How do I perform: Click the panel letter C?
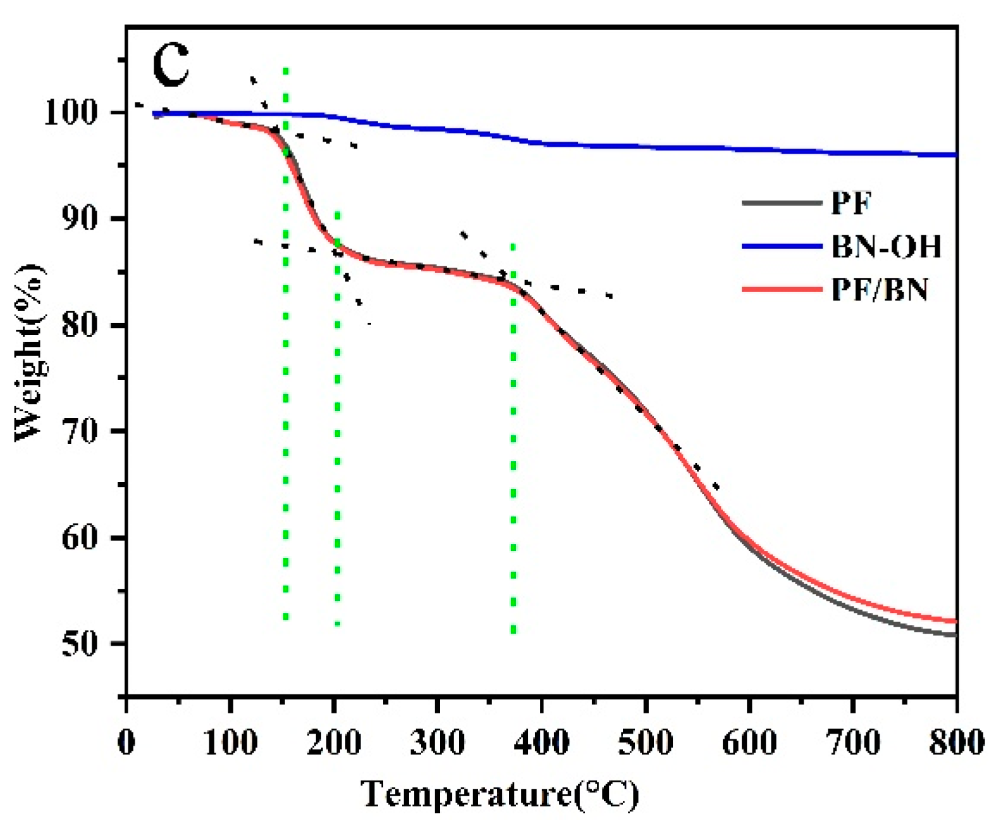(x=171, y=65)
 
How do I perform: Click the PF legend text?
(x=851, y=202)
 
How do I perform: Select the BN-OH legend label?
(x=886, y=246)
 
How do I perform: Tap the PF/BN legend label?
(x=880, y=290)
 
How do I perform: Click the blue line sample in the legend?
(x=782, y=246)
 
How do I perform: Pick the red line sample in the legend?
(x=782, y=290)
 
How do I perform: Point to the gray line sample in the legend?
(x=782, y=202)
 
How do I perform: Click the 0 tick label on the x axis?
(x=126, y=741)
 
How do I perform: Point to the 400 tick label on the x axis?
(x=541, y=741)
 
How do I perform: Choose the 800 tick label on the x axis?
(x=956, y=741)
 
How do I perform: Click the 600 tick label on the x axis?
(x=749, y=741)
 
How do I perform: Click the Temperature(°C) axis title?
(x=500, y=794)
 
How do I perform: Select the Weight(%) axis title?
(x=30, y=352)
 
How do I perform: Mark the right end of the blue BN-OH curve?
(x=955, y=154)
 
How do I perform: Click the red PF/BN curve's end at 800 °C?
(x=955, y=621)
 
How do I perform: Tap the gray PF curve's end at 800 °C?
(x=955, y=634)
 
